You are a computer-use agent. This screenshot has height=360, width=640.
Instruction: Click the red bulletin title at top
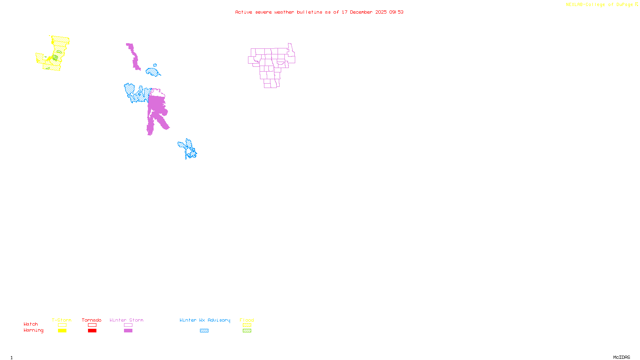click(319, 12)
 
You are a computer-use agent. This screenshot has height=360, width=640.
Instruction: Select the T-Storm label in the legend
click(62, 320)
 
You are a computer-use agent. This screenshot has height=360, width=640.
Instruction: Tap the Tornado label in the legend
click(92, 320)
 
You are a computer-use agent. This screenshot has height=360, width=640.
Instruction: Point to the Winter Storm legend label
click(126, 320)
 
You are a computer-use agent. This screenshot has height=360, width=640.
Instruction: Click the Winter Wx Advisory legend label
click(205, 320)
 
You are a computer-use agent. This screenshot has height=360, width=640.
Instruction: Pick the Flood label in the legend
click(247, 320)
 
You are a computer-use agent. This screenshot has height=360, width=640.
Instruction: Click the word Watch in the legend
click(31, 324)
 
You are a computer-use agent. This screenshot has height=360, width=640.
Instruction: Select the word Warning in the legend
click(34, 330)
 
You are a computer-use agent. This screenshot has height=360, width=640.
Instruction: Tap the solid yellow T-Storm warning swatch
click(62, 331)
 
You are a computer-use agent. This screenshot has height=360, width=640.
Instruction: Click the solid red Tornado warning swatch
click(92, 331)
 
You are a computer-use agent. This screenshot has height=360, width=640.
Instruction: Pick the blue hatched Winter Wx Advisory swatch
click(204, 331)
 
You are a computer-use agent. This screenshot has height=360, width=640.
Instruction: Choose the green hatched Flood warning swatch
click(247, 331)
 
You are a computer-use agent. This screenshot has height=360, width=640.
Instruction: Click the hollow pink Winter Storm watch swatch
click(128, 325)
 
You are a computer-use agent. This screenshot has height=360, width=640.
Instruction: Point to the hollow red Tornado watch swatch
click(92, 325)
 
